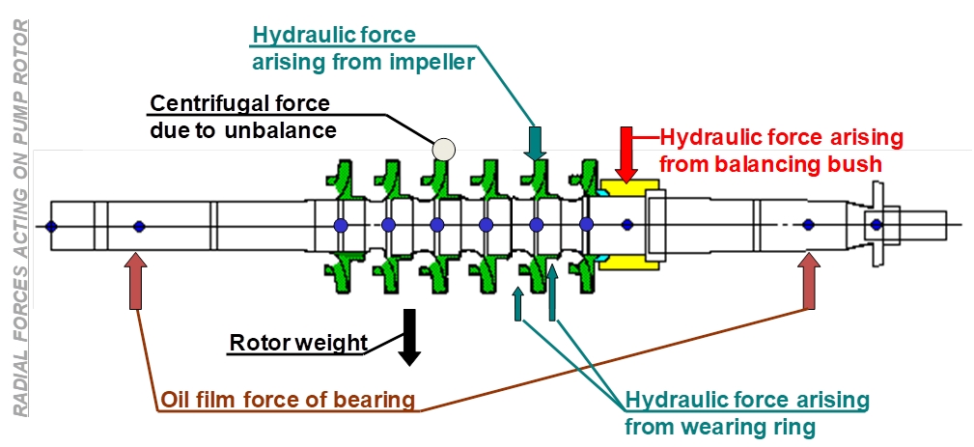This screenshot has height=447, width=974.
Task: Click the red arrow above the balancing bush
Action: click(626, 154)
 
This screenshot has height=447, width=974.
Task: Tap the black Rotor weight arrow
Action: click(408, 337)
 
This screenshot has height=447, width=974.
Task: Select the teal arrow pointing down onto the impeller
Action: click(535, 143)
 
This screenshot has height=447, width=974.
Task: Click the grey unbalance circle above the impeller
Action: click(443, 149)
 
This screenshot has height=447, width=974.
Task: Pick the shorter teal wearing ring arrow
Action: click(517, 303)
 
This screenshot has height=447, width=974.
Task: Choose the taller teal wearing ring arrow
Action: click(551, 293)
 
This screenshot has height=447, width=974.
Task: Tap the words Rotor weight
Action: click(298, 343)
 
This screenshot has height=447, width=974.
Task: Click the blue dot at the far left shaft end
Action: click(51, 226)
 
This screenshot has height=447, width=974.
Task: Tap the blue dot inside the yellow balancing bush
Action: click(626, 224)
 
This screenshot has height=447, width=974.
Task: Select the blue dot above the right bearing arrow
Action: click(808, 224)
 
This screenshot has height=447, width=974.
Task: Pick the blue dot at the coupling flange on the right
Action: click(876, 224)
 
